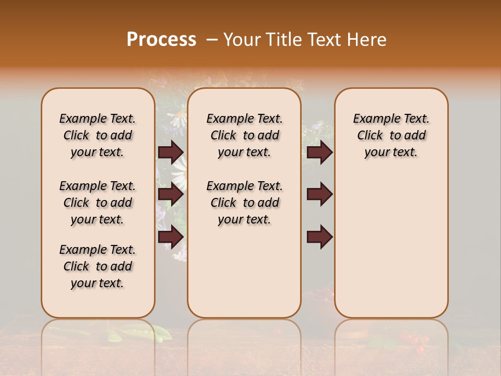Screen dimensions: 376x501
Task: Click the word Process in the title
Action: click(x=161, y=39)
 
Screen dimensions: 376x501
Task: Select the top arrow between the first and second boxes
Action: click(x=171, y=152)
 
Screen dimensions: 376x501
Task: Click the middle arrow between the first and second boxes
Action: click(x=171, y=194)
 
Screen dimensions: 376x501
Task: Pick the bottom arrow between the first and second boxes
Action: click(x=171, y=237)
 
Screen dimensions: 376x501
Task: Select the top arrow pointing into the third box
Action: click(x=319, y=152)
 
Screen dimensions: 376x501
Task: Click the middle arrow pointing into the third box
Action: click(x=319, y=194)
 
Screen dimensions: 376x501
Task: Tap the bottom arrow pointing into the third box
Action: click(x=319, y=237)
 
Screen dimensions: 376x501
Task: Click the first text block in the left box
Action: click(x=98, y=135)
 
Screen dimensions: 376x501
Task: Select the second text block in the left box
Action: click(x=98, y=203)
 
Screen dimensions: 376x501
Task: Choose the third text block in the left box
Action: click(x=98, y=266)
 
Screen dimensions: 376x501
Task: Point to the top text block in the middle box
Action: click(x=244, y=135)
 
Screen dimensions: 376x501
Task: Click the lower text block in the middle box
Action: click(x=244, y=203)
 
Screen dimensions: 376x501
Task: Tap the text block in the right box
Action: click(x=391, y=135)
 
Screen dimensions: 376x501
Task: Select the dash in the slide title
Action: click(x=211, y=40)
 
